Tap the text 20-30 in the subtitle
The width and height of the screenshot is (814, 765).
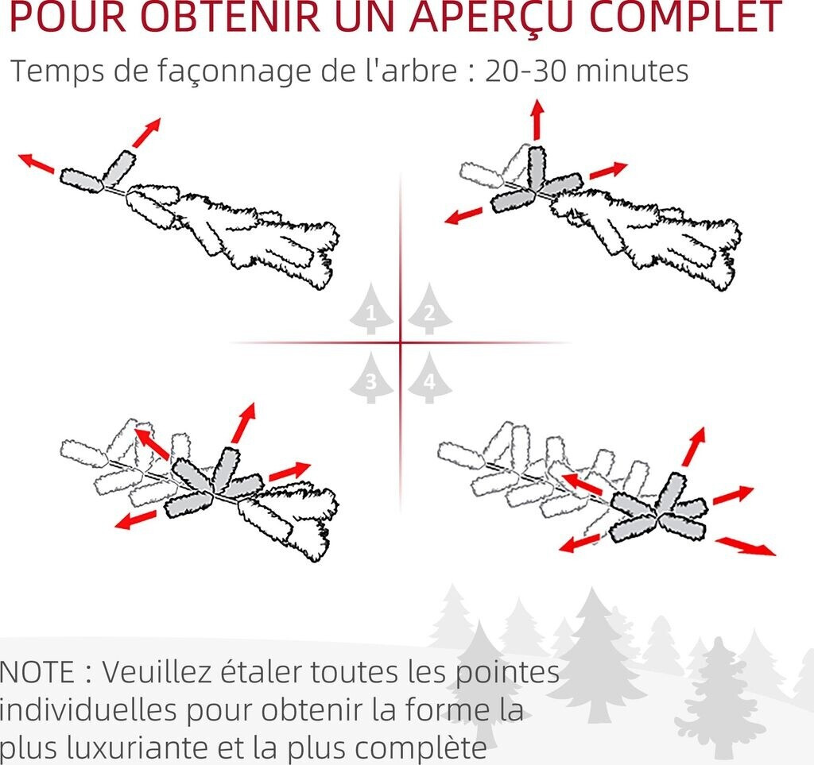525,71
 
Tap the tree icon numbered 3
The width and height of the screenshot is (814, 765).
370,378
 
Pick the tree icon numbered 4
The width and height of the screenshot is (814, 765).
429,378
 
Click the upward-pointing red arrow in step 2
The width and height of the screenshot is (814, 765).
537,120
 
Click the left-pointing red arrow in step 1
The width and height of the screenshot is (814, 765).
36,163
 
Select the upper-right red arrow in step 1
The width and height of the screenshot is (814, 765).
146,132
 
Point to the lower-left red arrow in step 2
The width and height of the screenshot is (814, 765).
463,215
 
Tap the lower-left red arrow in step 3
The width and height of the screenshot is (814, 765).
135,520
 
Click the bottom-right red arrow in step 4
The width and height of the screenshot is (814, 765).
746,547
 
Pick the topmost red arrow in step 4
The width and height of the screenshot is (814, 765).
693,446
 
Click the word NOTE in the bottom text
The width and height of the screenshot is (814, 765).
37,672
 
